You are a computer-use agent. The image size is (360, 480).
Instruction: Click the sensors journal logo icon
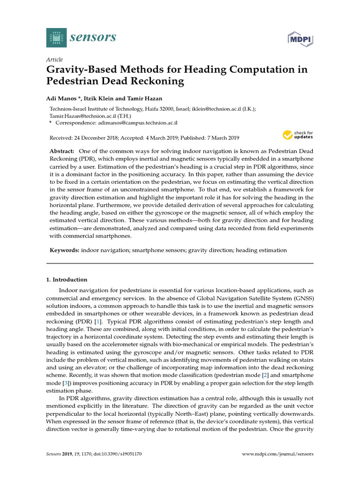pos(57,37)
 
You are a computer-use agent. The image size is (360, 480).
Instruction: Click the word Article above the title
pos(55,60)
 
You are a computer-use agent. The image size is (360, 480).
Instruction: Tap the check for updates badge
pos(298,135)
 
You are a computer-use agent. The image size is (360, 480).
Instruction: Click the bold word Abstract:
pos(62,151)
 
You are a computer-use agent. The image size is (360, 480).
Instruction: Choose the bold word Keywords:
pos(65,251)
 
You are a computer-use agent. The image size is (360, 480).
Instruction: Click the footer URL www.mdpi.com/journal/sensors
pos(278,454)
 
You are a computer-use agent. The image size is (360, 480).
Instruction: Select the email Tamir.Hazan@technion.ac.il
pos(83,115)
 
